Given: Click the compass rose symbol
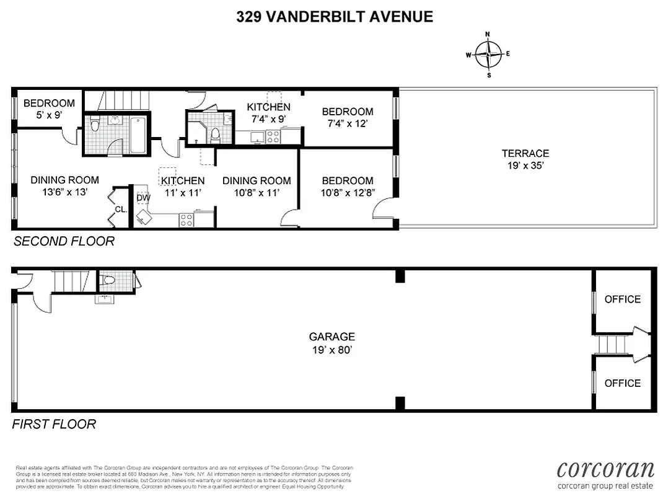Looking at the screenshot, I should (x=488, y=54).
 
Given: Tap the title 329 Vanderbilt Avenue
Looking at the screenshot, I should (x=335, y=17).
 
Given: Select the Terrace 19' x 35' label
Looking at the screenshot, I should (x=525, y=159).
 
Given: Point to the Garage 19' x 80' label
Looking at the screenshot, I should (x=332, y=343).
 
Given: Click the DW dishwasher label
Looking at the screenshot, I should (x=143, y=198).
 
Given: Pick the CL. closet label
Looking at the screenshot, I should (x=121, y=210).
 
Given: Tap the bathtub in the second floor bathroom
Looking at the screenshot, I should (x=138, y=135).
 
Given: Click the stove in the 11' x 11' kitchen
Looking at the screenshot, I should (x=186, y=219).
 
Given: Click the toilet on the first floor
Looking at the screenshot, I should (x=108, y=281).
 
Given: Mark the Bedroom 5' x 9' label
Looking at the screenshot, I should (x=49, y=108).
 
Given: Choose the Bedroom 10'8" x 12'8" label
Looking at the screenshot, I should (x=347, y=187).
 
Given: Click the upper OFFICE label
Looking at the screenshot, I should (x=622, y=299).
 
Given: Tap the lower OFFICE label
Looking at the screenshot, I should (x=622, y=383).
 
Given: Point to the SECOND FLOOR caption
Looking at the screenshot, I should (x=64, y=241).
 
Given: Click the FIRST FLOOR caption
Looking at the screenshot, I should (x=55, y=425).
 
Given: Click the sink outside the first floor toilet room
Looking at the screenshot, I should (x=103, y=299).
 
